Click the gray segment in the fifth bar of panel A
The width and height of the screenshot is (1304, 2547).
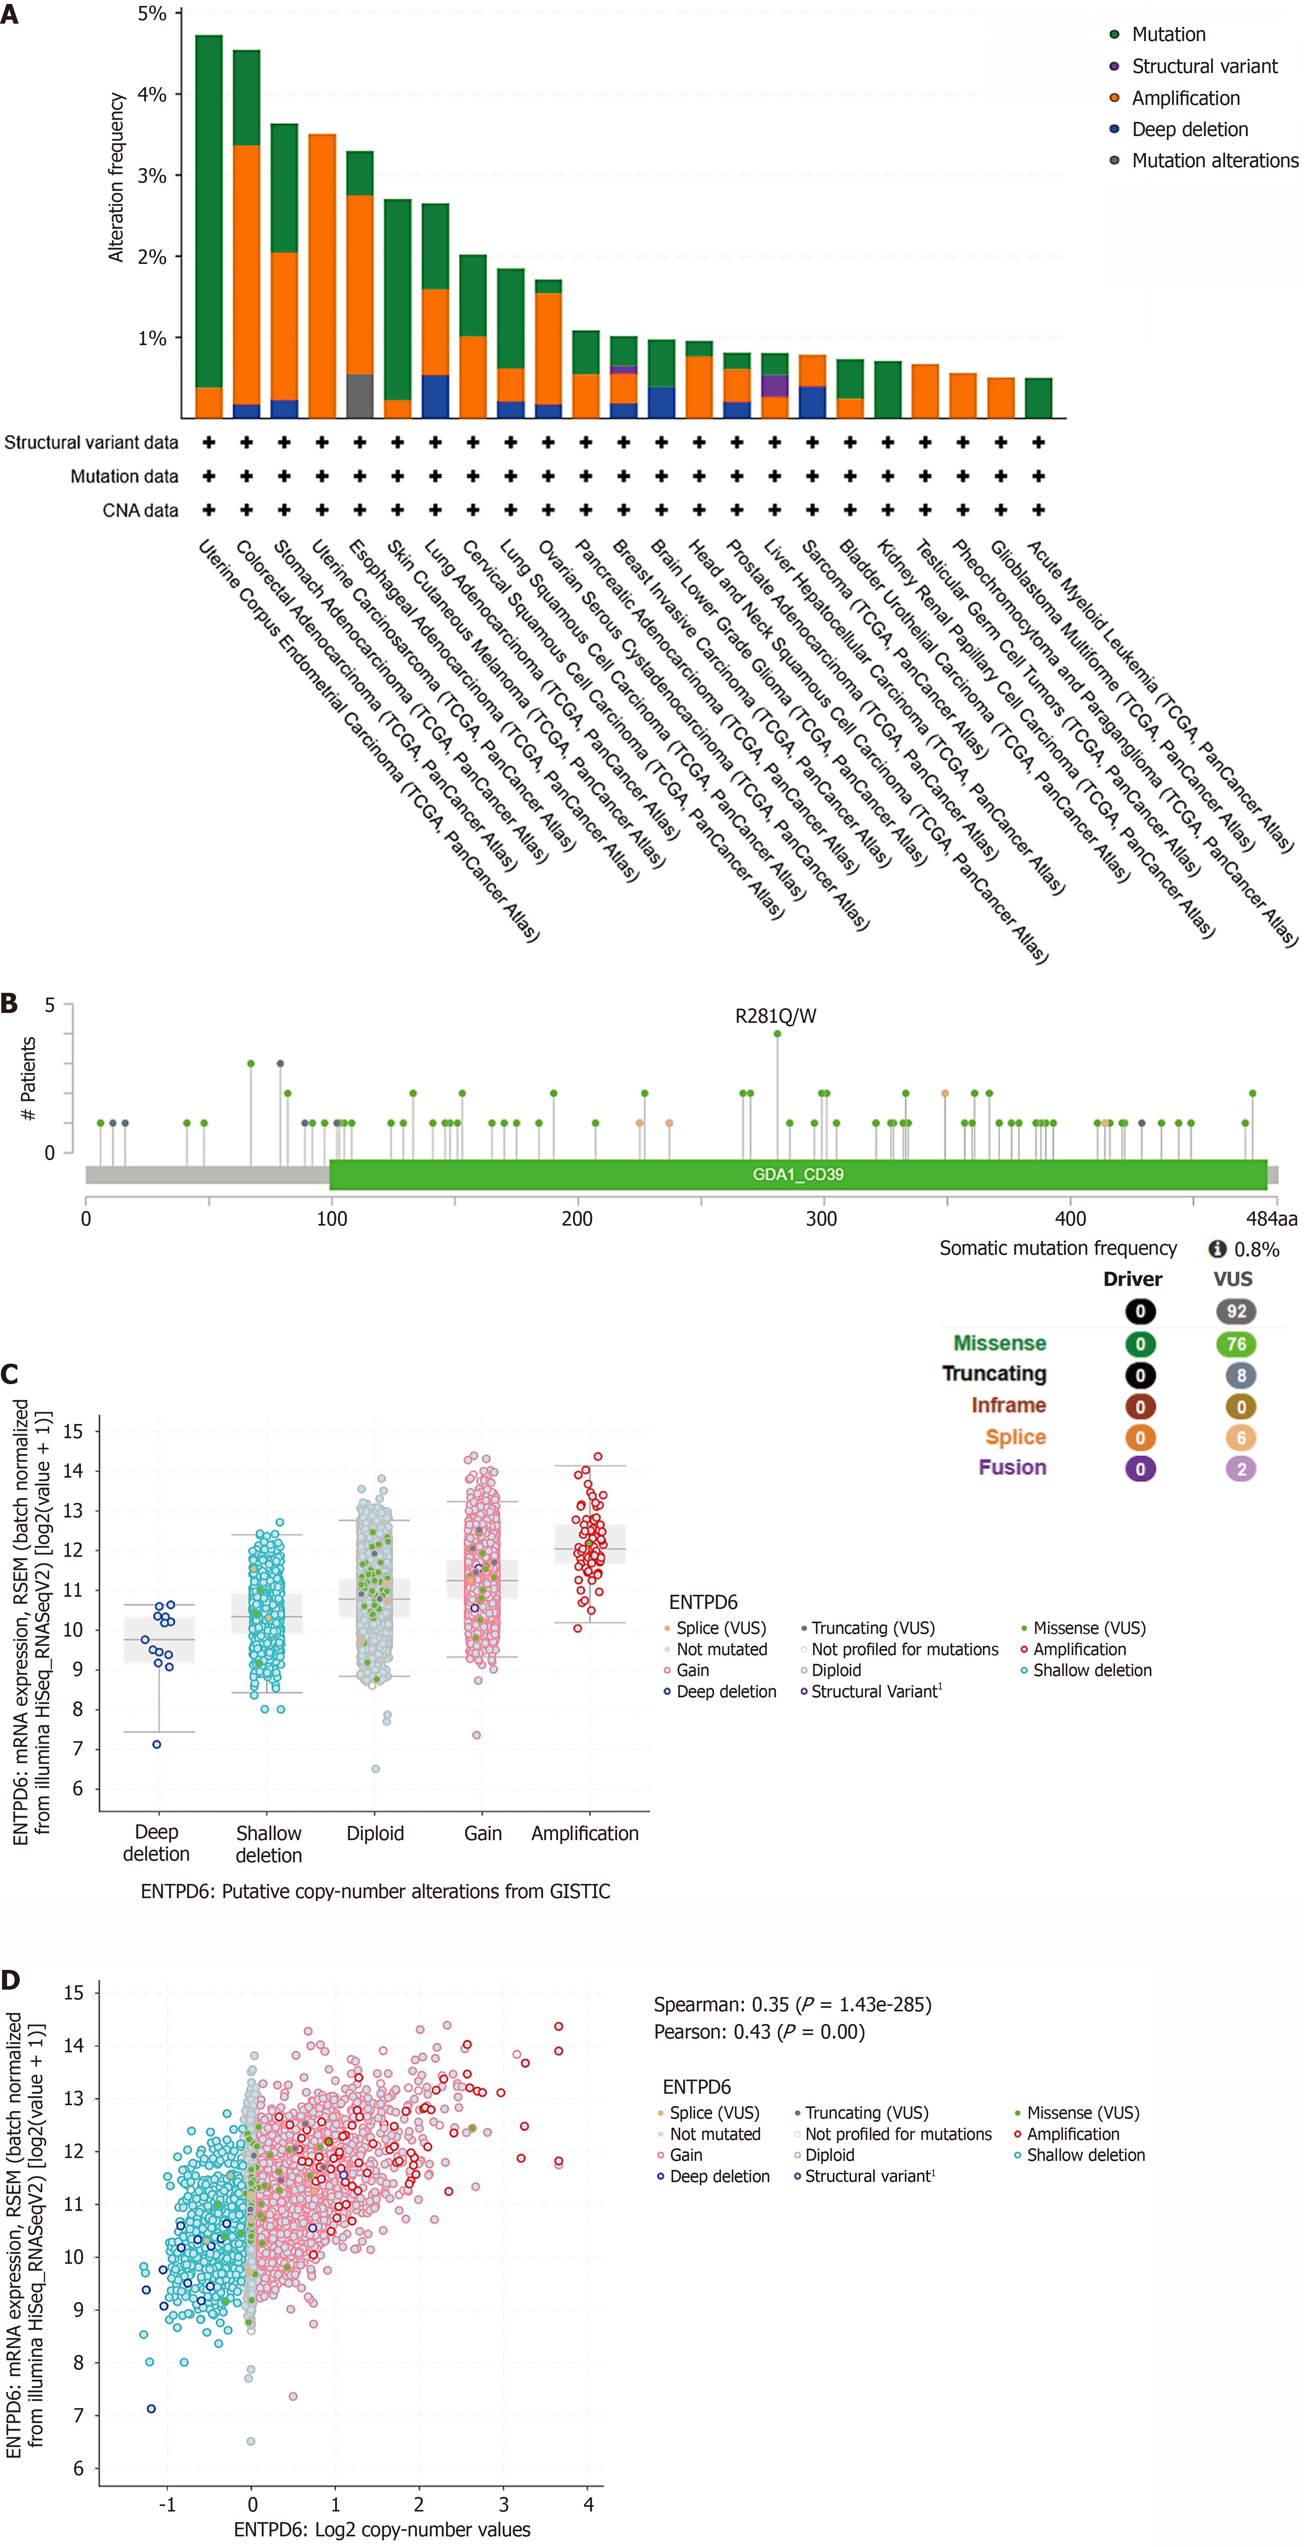(x=360, y=396)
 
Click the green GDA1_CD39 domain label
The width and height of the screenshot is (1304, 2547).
(x=798, y=1175)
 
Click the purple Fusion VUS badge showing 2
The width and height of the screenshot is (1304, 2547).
(x=1241, y=1468)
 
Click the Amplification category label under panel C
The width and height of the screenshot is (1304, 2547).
(x=584, y=1833)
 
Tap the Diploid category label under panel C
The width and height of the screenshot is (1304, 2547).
(x=375, y=1833)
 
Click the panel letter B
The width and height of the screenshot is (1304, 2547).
(x=10, y=1003)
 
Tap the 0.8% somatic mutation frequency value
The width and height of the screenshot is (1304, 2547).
(x=1257, y=1249)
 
